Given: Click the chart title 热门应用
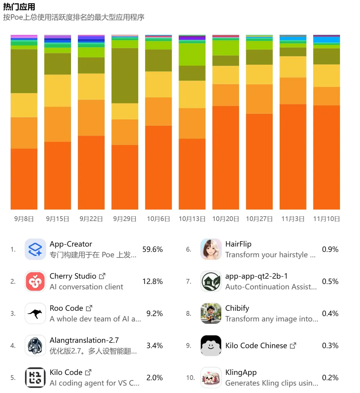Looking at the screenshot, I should (19, 7).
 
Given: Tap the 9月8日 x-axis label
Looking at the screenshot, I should (24, 219).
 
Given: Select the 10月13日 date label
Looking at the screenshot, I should (192, 219).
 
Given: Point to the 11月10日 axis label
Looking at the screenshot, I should (326, 219).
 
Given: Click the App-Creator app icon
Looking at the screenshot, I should (35, 249).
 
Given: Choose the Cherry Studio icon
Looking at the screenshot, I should (35, 281).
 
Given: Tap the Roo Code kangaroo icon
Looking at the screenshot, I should (35, 313).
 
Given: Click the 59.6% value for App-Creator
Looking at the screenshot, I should (153, 249).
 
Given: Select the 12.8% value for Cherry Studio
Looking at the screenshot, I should (153, 281).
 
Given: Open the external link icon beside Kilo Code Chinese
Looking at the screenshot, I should (293, 345).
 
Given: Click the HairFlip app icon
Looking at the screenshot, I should (211, 249).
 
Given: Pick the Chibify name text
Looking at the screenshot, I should (237, 308).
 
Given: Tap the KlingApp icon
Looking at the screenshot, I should (211, 378).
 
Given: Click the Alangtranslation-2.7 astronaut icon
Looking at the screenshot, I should (35, 345).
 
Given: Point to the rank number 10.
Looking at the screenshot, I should (190, 378).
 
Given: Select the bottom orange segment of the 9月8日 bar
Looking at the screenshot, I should (24, 178).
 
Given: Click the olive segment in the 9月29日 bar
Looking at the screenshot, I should (125, 75).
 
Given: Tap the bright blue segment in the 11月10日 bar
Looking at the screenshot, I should (326, 40).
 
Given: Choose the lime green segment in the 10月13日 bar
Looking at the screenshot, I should (192, 54).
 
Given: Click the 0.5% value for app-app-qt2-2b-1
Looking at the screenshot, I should (330, 281).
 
